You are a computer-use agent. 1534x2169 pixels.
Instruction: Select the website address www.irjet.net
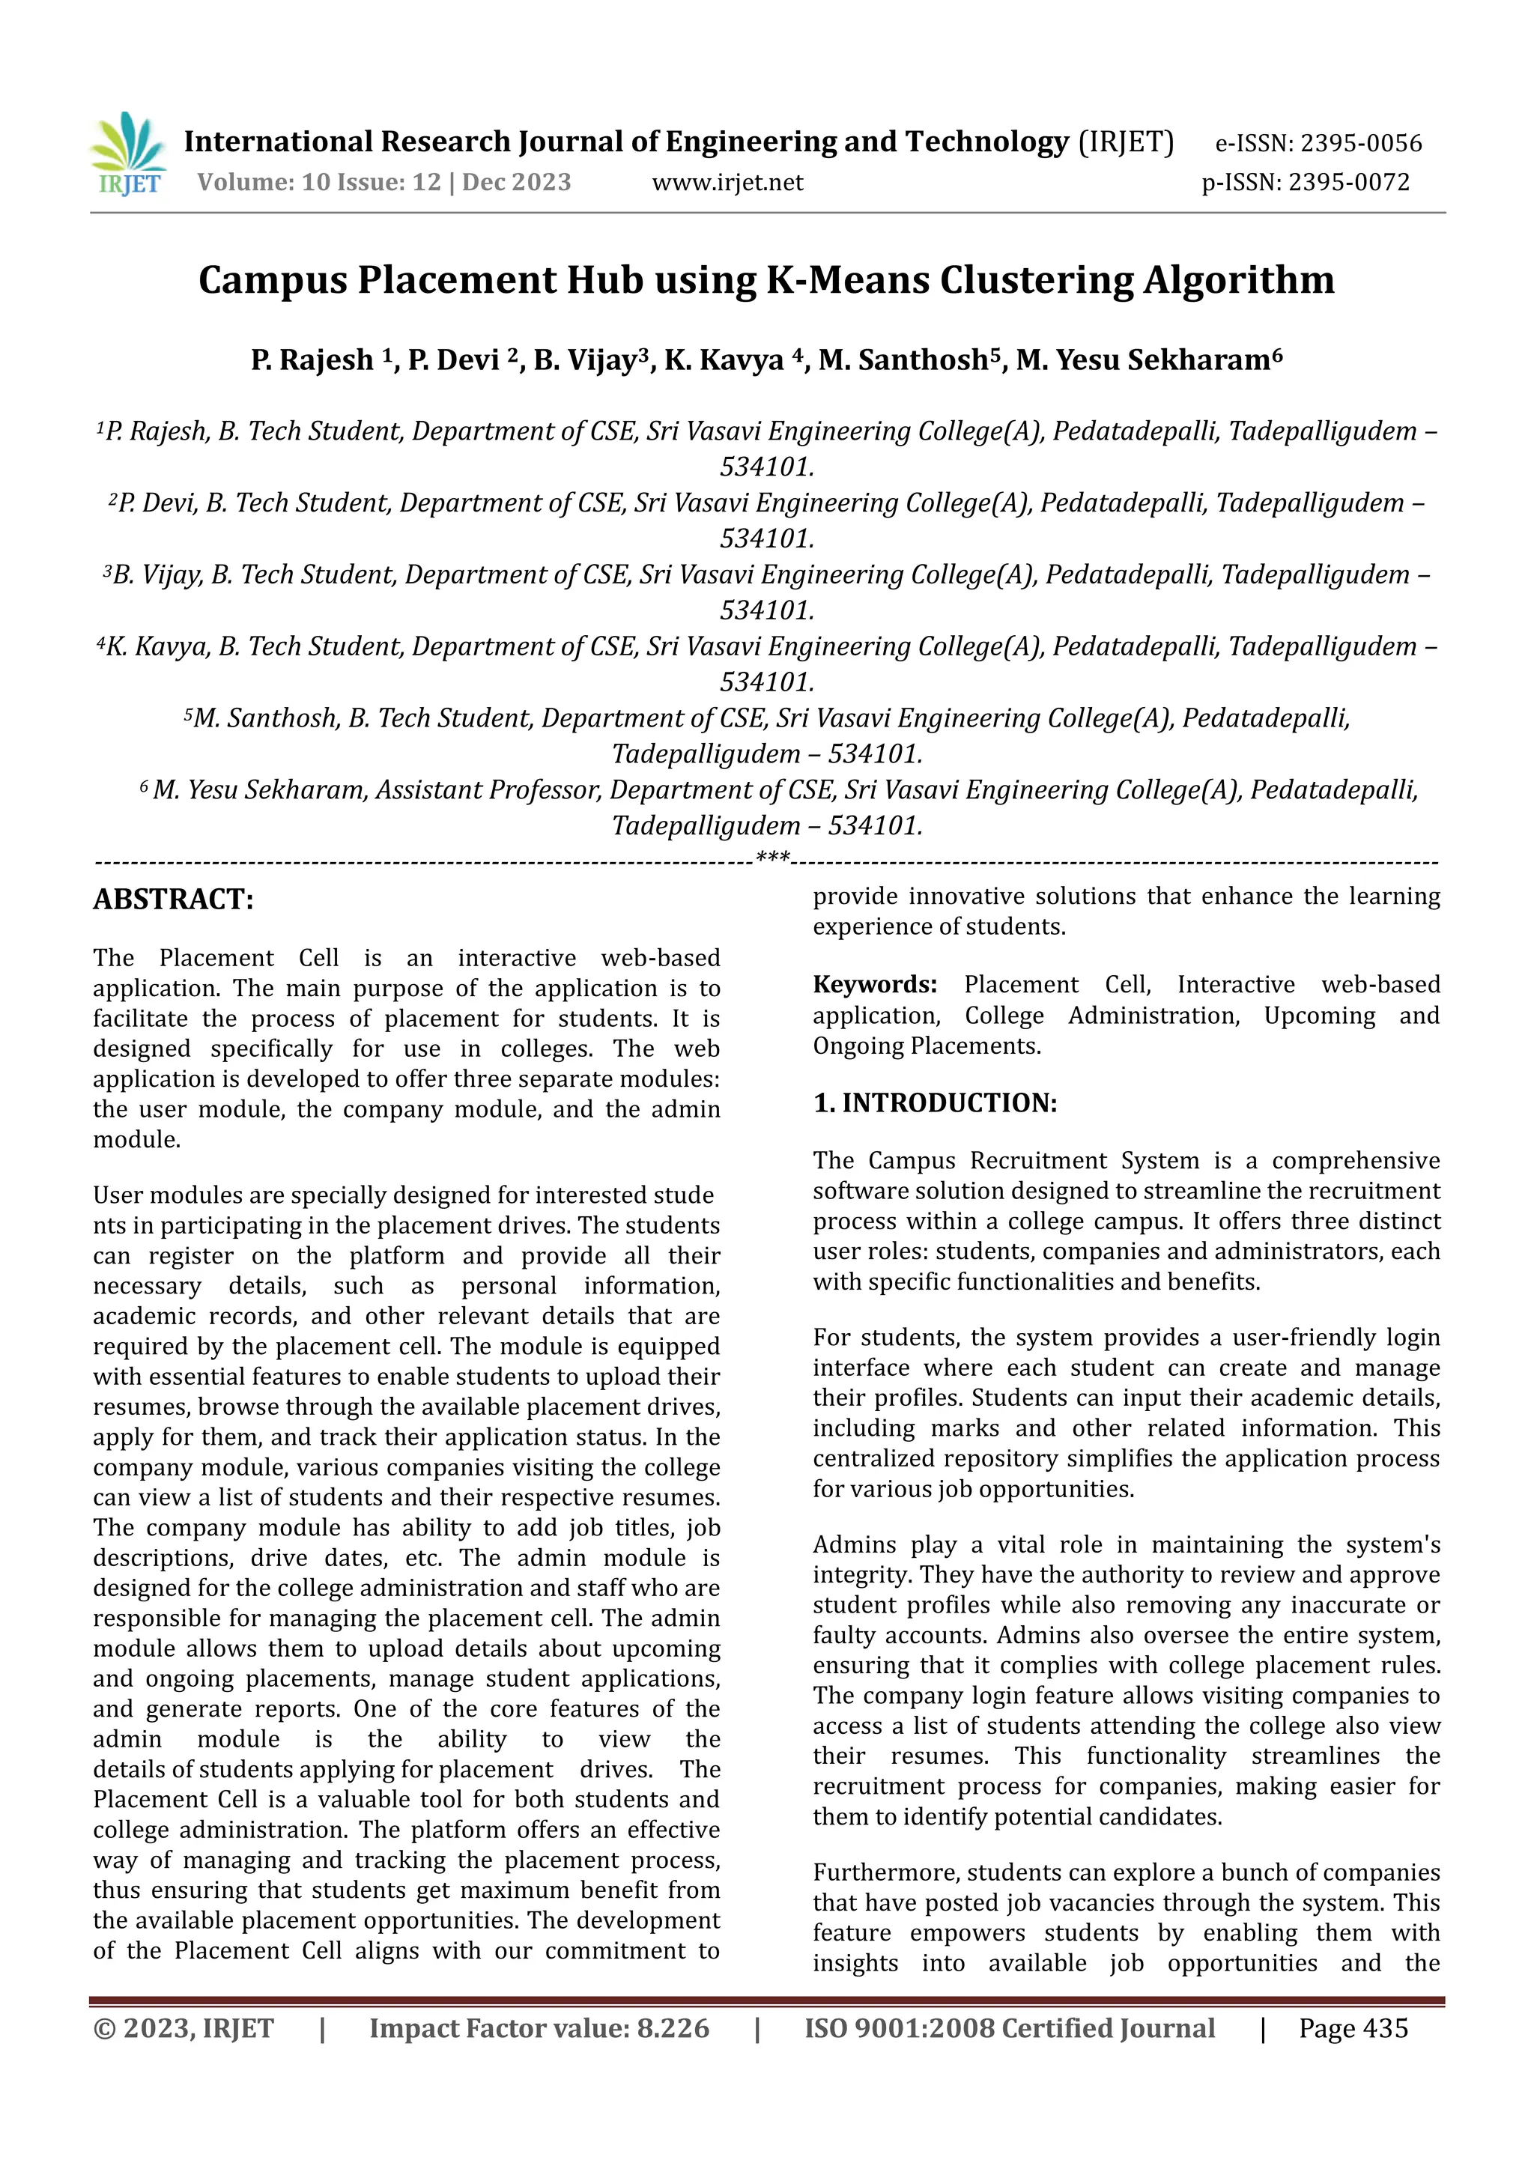point(727,182)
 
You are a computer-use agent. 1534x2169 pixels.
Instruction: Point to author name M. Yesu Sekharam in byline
point(1148,360)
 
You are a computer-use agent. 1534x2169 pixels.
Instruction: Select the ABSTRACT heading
point(173,899)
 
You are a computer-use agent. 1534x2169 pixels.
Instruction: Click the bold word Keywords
point(875,984)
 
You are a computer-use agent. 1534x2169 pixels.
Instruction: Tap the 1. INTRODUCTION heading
point(935,1102)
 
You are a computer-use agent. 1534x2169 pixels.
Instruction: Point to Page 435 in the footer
point(1353,2028)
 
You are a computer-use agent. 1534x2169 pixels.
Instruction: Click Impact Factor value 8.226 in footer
point(539,2028)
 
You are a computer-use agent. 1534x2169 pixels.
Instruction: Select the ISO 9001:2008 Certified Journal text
point(1009,2028)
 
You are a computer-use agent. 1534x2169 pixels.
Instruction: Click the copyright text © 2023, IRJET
point(184,2028)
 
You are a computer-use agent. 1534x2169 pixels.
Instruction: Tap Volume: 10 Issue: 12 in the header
point(319,182)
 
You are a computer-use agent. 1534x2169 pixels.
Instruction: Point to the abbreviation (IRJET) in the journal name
point(1126,142)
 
